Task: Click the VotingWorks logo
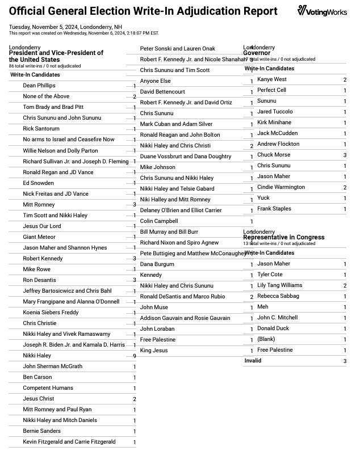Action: coord(322,11)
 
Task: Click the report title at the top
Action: coord(143,11)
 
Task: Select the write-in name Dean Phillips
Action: coord(39,86)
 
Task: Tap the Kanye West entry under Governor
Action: coord(272,79)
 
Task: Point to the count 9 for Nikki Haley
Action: coord(135,356)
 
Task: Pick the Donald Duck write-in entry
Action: coord(273,328)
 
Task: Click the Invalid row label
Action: coord(253,361)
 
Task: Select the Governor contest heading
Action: coord(257,53)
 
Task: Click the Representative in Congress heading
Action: coord(284,237)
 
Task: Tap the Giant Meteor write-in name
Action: coord(39,237)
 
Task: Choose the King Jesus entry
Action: coord(154,351)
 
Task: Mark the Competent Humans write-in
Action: coord(48,388)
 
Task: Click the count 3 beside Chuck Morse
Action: coord(345,155)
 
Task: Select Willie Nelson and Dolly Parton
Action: coord(60,151)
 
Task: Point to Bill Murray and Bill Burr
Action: coord(169,232)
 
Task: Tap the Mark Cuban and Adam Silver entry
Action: coord(176,124)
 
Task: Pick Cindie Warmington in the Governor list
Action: coord(281,187)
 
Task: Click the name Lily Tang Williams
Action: coord(280,285)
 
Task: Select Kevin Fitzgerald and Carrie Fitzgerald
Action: coord(69,442)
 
